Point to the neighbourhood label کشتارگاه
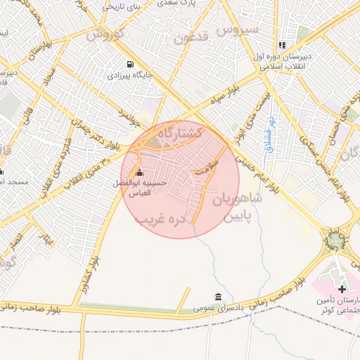pyautogui.click(x=179, y=133)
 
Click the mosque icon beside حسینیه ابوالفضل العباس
pyautogui.click(x=139, y=173)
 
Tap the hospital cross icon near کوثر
pyautogui.click(x=342, y=289)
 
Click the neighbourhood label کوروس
pyautogui.click(x=108, y=34)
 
